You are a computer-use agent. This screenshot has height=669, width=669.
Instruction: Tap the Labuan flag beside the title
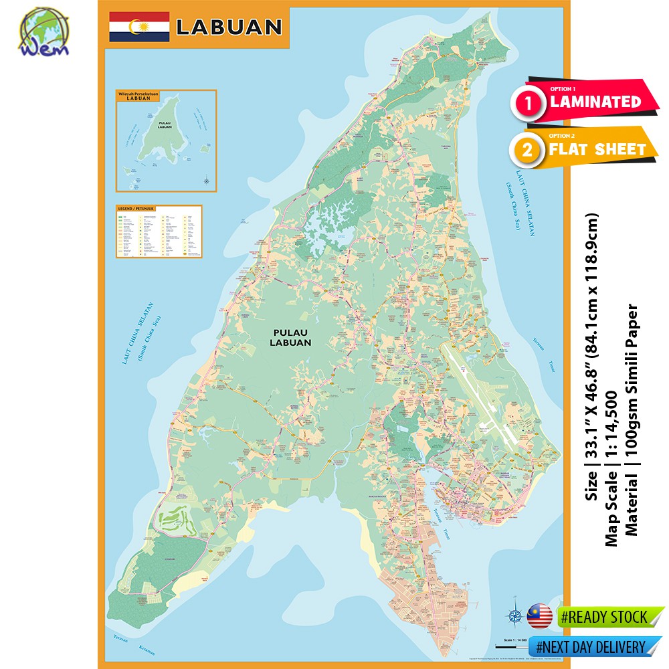(x=139, y=26)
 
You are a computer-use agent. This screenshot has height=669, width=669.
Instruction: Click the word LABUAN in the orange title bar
(x=228, y=27)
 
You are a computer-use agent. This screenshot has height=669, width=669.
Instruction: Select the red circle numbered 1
(x=529, y=103)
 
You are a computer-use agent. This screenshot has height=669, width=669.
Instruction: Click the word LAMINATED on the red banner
(x=595, y=102)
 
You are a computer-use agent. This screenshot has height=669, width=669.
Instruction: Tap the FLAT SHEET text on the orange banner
(x=597, y=149)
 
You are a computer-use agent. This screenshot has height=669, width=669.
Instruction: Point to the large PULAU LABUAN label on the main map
(x=292, y=337)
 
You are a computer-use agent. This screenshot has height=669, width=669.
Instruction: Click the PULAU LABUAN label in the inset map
(x=165, y=125)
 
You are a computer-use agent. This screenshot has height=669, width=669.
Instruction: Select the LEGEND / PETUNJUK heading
(x=136, y=209)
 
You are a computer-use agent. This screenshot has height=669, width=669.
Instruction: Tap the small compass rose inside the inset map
(x=206, y=180)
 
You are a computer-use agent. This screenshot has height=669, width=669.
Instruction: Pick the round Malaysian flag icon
(x=539, y=615)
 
